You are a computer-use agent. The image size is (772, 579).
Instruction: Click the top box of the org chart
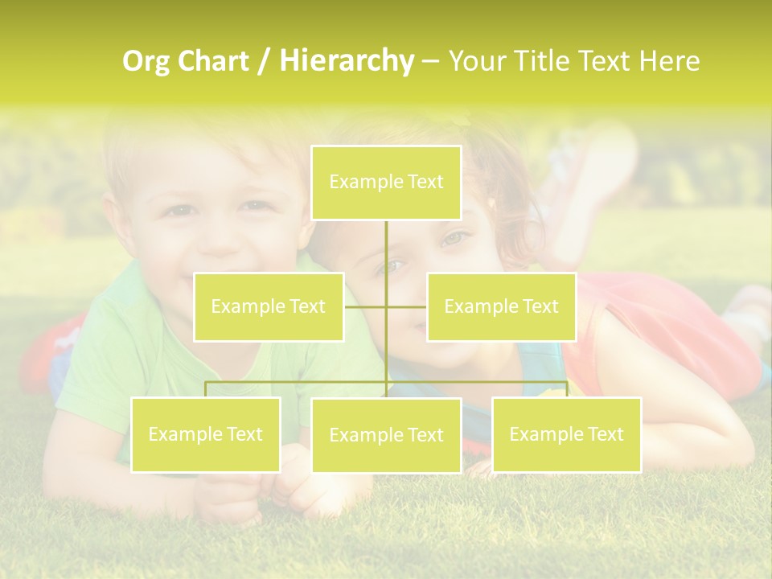(x=386, y=183)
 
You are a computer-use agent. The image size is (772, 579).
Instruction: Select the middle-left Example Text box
(x=269, y=306)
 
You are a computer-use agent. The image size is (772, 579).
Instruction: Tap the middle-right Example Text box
(x=501, y=306)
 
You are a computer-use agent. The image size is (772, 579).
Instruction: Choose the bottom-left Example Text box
(x=206, y=434)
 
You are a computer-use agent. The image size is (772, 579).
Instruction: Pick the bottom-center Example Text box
(x=386, y=435)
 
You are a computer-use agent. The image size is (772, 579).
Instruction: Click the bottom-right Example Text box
(x=566, y=434)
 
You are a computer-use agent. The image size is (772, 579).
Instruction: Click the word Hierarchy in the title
(x=346, y=60)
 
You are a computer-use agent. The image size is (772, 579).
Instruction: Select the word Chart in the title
(x=214, y=61)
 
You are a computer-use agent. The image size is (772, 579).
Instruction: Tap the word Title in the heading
(x=544, y=61)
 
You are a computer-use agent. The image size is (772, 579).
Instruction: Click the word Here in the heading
(x=669, y=61)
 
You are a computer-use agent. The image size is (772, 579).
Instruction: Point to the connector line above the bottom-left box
(x=206, y=388)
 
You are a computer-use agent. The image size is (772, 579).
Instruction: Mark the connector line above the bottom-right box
(x=566, y=388)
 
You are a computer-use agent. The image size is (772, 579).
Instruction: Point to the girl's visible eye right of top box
(x=456, y=238)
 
